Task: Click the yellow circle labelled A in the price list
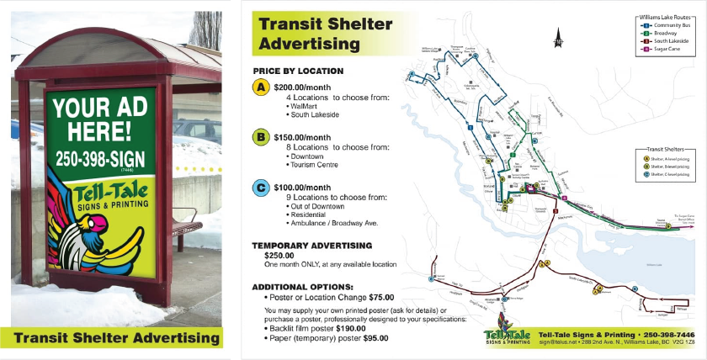262,87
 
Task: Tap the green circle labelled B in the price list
262,137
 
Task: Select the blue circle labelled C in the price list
262,187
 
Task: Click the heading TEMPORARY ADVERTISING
311,246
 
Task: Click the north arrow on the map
557,39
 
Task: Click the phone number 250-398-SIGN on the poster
100,158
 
